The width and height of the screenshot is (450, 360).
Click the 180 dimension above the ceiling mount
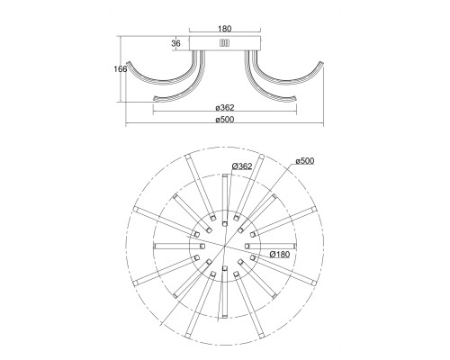pyautogui.click(x=225, y=29)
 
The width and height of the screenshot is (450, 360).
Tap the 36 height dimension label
pyautogui.click(x=176, y=43)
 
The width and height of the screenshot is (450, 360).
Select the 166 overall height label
pyautogui.click(x=121, y=69)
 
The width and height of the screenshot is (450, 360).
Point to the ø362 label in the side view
pyautogui.click(x=225, y=107)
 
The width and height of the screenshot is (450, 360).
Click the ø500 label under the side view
pyautogui.click(x=225, y=120)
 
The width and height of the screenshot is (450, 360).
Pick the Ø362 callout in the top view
pyautogui.click(x=242, y=166)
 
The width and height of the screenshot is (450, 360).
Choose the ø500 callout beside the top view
pyautogui.click(x=305, y=161)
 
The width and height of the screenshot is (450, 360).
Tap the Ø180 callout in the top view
pyautogui.click(x=280, y=255)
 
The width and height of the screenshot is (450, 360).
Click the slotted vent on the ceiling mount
pyautogui.click(x=224, y=43)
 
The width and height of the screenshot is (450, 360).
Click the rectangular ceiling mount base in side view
pyautogui.click(x=225, y=43)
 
